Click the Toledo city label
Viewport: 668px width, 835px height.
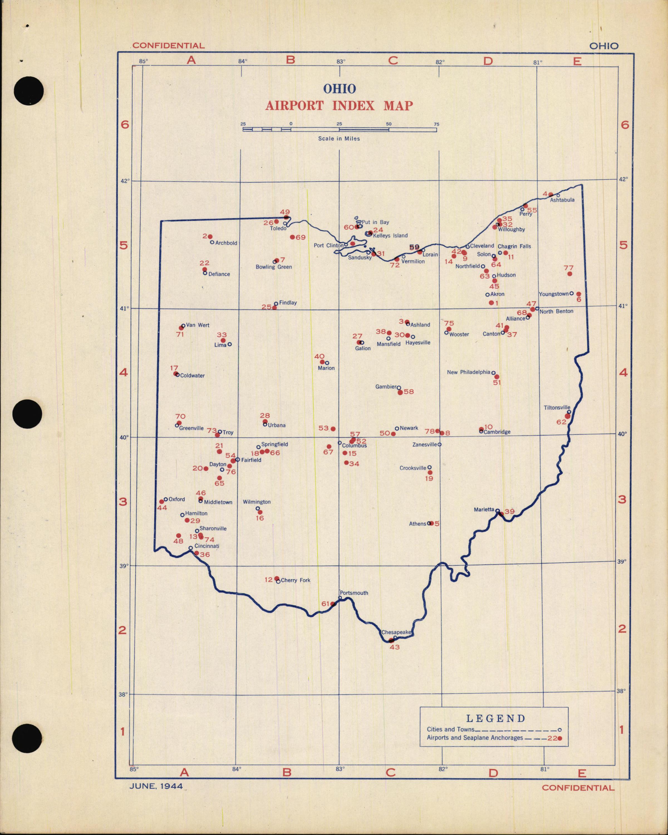coord(278,229)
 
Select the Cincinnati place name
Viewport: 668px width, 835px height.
coord(207,546)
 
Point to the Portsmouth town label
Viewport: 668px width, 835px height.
coord(354,593)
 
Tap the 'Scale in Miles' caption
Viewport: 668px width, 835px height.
coord(339,139)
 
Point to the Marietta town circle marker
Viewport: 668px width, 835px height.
coord(498,511)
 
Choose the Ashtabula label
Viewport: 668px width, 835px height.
coord(562,200)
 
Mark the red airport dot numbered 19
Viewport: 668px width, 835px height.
coord(430,473)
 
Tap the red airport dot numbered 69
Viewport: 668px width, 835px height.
coord(292,237)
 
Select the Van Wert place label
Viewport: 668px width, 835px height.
coord(198,325)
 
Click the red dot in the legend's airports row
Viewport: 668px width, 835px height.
coord(559,738)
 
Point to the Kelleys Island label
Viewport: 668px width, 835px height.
coord(390,235)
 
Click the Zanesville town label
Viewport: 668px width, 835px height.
coord(424,444)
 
